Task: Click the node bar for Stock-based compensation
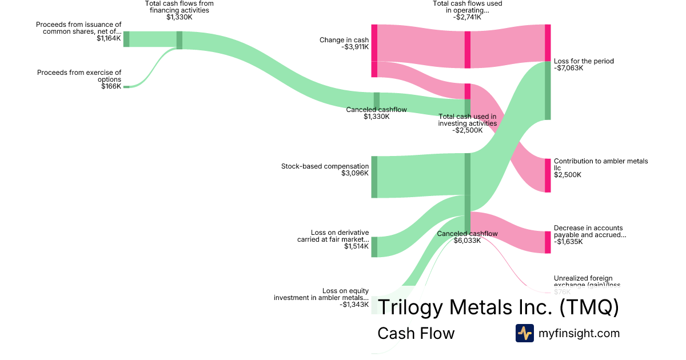374,177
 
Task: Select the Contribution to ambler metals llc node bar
548,175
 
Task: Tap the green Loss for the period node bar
548,91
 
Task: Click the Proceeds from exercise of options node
126,87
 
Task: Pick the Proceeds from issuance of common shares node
126,39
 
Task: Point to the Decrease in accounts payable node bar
548,242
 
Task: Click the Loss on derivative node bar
374,247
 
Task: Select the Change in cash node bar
374,50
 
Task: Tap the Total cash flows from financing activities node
179,40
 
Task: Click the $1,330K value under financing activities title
179,17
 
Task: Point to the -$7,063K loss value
568,68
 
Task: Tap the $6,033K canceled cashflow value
467,241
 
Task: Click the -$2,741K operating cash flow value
467,17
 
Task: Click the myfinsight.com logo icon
525,333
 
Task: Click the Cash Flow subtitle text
416,333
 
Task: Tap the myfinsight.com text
579,333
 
